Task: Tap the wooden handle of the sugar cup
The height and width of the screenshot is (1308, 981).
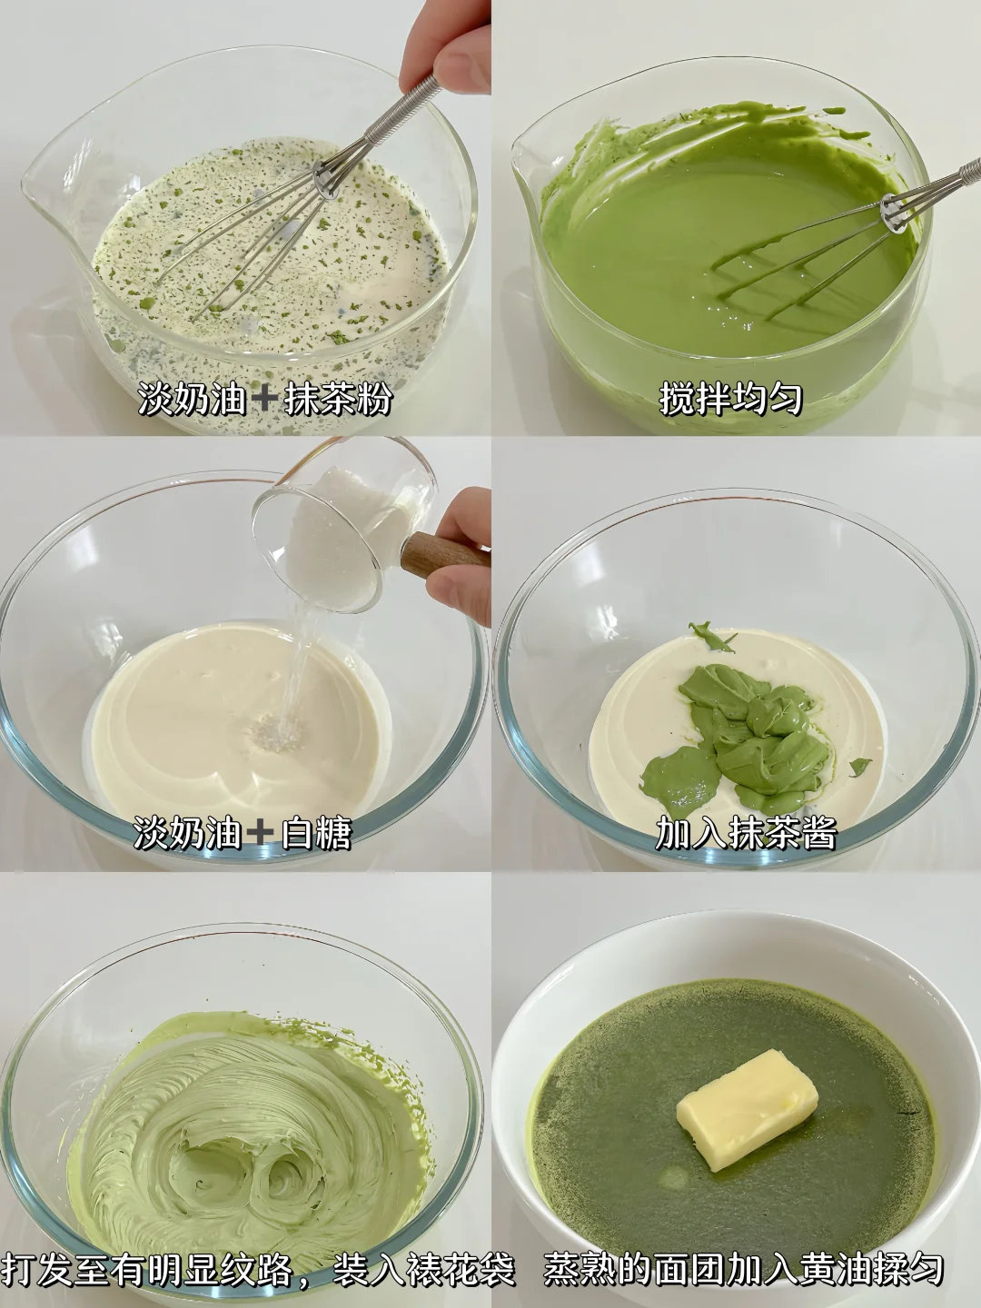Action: click(x=445, y=550)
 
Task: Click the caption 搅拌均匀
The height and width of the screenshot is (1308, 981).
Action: click(x=731, y=399)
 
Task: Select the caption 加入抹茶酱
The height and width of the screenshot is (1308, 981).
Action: click(x=745, y=831)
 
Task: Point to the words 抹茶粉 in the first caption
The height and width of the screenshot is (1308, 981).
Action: click(x=337, y=399)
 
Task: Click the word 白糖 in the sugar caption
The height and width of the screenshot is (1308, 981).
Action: click(x=315, y=831)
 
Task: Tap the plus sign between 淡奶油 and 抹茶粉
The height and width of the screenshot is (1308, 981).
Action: click(x=263, y=400)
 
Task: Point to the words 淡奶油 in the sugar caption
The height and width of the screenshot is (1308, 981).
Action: click(x=188, y=831)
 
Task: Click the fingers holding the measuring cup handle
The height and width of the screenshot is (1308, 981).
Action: click(x=461, y=549)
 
